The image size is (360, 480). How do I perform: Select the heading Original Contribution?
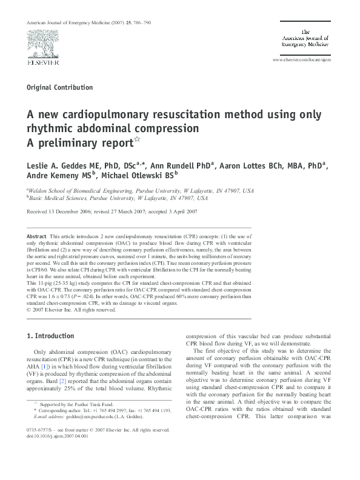click(60, 87)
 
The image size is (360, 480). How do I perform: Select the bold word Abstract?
click(41, 234)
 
